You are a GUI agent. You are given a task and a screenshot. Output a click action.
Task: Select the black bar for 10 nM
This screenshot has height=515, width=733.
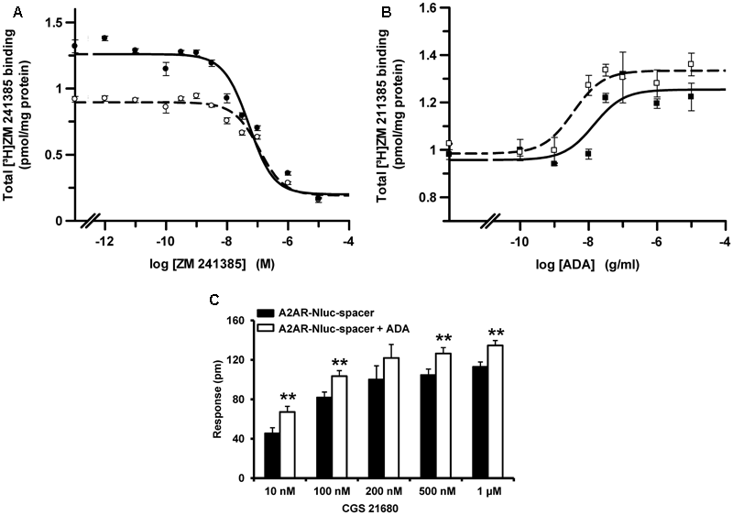(272, 455)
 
